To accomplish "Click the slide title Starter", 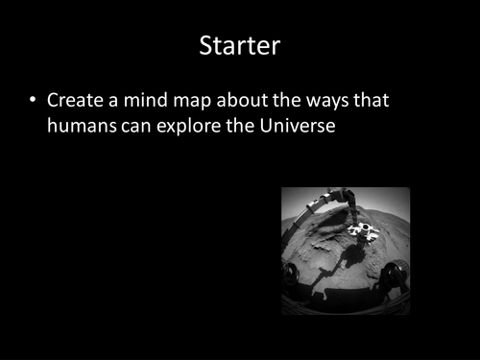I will (x=239, y=45).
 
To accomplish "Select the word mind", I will (x=145, y=100).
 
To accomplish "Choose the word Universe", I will (x=297, y=125).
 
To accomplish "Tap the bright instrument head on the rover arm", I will (x=362, y=230).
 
